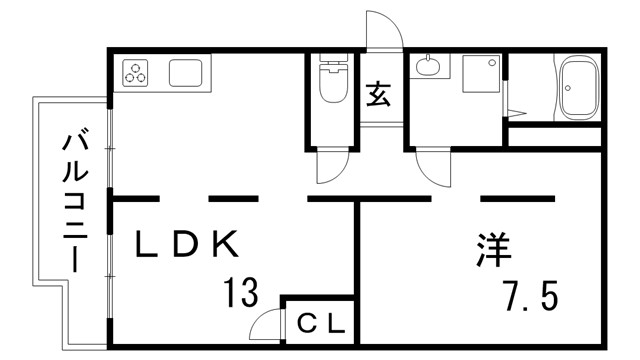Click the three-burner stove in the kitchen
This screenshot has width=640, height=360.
[137, 73]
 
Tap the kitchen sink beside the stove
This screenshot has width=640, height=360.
[186, 73]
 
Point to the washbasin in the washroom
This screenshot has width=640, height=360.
[430, 68]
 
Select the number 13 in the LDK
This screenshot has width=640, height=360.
[241, 293]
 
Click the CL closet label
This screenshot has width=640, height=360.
[321, 324]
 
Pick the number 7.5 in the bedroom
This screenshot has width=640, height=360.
[529, 295]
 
